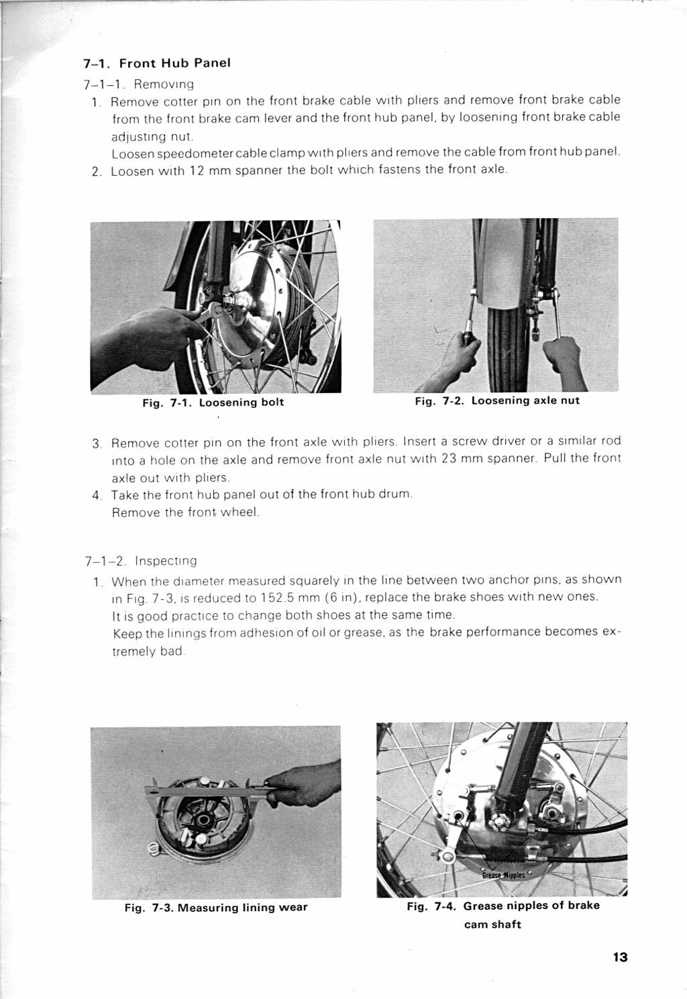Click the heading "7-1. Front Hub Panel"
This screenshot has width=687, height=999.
[157, 63]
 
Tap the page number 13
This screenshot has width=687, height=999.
[620, 957]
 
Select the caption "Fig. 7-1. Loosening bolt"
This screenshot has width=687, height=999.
[213, 403]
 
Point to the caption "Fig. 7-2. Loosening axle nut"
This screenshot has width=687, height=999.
[496, 401]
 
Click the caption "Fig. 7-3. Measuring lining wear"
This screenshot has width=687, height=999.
[215, 908]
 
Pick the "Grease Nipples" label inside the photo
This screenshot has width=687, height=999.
[503, 875]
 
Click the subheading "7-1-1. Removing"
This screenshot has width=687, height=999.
[139, 85]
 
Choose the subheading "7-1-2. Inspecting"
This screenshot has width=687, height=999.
[141, 561]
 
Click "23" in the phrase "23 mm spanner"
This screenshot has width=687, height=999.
[449, 459]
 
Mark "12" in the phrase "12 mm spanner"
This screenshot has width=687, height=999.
[197, 170]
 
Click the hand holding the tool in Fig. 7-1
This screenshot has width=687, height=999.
[151, 335]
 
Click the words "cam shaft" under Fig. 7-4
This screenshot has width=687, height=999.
[492, 925]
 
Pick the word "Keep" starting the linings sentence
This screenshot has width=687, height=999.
[127, 633]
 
